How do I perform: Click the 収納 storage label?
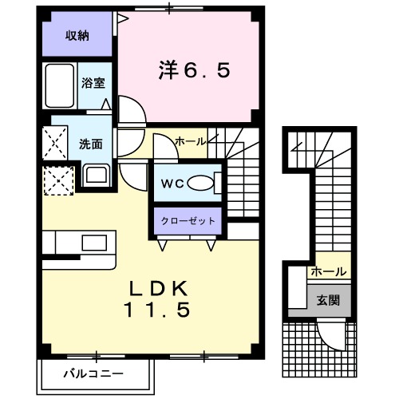point(77,35)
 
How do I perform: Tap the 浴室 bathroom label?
point(93,82)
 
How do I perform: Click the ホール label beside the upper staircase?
point(190,141)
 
